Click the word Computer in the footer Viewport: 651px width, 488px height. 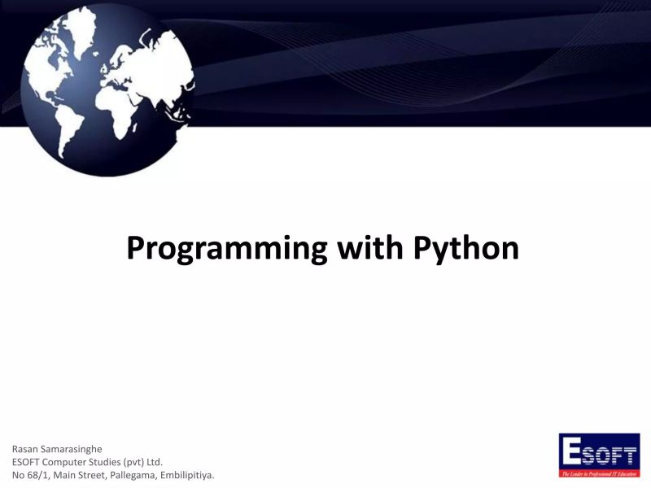pos(69,461)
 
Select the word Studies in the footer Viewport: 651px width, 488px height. pos(120,461)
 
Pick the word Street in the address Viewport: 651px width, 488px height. pos(106,474)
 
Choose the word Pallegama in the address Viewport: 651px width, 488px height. pos(152,474)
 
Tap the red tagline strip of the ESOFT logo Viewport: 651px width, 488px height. pos(600,473)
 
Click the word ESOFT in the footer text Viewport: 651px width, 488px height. pos(27,461)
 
